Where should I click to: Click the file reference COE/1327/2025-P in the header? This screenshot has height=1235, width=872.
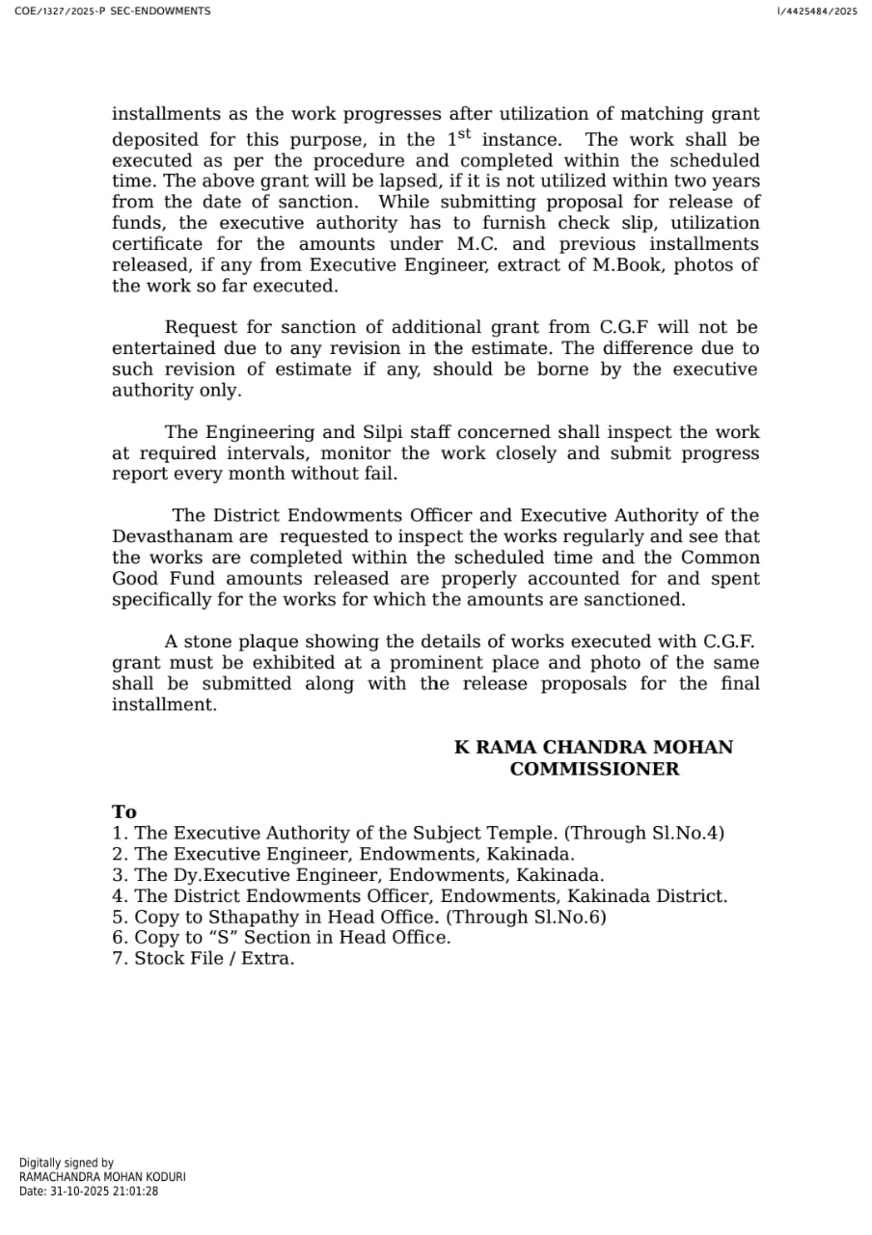pos(59,12)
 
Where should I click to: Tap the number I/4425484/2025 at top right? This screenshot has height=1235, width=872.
pos(816,12)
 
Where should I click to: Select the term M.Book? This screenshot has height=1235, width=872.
pos(627,265)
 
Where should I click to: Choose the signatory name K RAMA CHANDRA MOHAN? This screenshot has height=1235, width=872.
pos(593,748)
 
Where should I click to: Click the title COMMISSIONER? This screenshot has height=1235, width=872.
pos(594,769)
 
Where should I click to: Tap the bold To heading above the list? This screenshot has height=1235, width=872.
pos(124,812)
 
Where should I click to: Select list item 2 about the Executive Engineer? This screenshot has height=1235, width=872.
pos(344,854)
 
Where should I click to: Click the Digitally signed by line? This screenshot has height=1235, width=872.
pos(67,1164)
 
